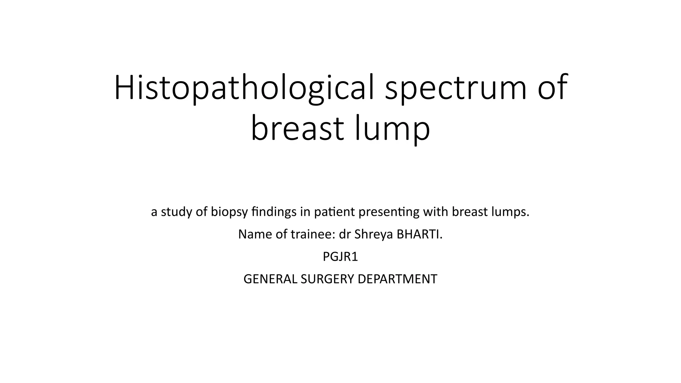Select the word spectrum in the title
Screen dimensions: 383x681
click(456, 88)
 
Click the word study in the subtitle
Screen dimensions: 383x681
click(177, 212)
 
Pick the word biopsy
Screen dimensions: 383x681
click(229, 212)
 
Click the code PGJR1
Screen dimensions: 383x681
click(340, 257)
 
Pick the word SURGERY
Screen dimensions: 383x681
click(327, 279)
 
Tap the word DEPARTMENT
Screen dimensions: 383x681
click(397, 279)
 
